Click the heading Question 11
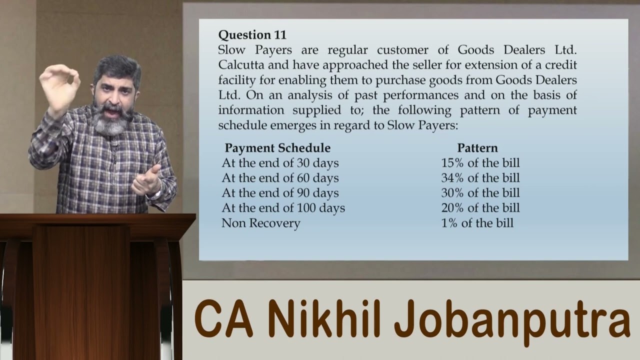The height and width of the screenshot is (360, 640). click(252, 35)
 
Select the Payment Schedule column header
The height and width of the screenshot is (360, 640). click(277, 148)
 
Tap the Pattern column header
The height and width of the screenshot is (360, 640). click(477, 148)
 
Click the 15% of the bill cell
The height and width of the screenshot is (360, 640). click(480, 163)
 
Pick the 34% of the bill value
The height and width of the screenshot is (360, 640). click(480, 178)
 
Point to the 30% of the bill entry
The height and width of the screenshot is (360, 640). click(480, 193)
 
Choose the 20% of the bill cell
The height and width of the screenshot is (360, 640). click(480, 208)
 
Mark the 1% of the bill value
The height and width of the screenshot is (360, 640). click(477, 223)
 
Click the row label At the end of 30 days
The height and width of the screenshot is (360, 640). click(280, 163)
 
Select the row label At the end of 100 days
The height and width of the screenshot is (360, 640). click(283, 208)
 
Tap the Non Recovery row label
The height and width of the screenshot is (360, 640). click(260, 223)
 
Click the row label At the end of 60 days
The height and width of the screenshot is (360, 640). click(280, 178)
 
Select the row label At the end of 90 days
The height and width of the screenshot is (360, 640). click(280, 193)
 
